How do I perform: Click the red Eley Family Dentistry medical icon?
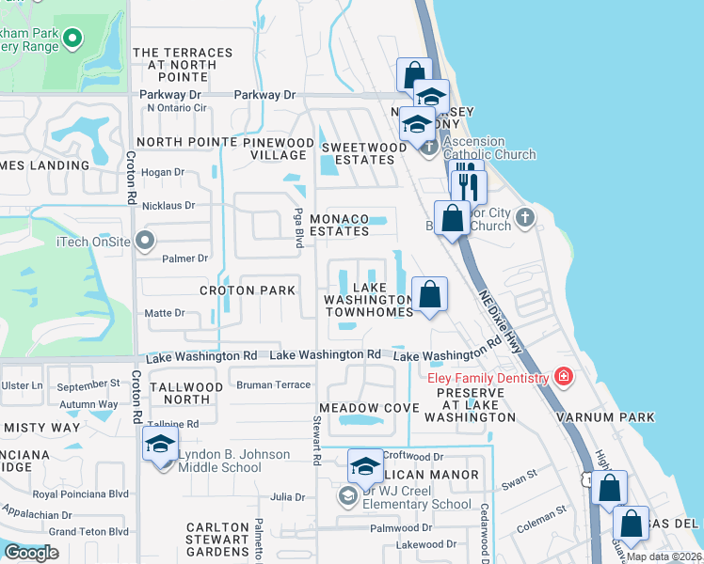564,377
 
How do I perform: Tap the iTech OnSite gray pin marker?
144,242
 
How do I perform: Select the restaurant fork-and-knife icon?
467,185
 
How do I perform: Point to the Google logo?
31,553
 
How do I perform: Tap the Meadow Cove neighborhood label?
367,407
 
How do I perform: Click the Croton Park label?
248,290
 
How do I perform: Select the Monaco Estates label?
339,224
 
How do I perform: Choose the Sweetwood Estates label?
358,154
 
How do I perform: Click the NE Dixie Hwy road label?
502,319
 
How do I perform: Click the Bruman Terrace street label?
273,384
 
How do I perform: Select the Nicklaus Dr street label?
168,205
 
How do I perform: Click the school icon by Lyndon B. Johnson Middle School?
161,446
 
